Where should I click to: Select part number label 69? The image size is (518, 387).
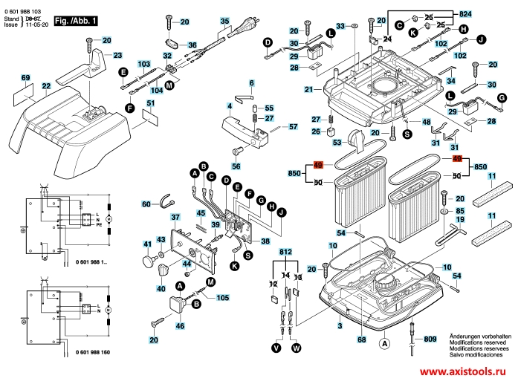pos(25,78)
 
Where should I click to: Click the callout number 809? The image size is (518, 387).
pos(430,339)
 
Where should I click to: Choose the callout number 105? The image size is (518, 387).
pos(222,299)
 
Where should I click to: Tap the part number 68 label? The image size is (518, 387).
pos(361,339)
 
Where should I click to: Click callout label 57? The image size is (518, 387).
pos(293,127)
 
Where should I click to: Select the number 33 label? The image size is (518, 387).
pos(340,26)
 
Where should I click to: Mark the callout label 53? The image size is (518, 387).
pos(336,143)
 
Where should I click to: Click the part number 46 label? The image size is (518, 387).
pos(180,326)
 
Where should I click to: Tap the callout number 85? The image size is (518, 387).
pos(460,212)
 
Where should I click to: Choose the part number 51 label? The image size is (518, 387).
pos(150,103)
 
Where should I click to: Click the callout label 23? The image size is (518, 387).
pos(117,55)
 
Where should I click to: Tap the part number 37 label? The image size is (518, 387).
pos(175,218)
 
